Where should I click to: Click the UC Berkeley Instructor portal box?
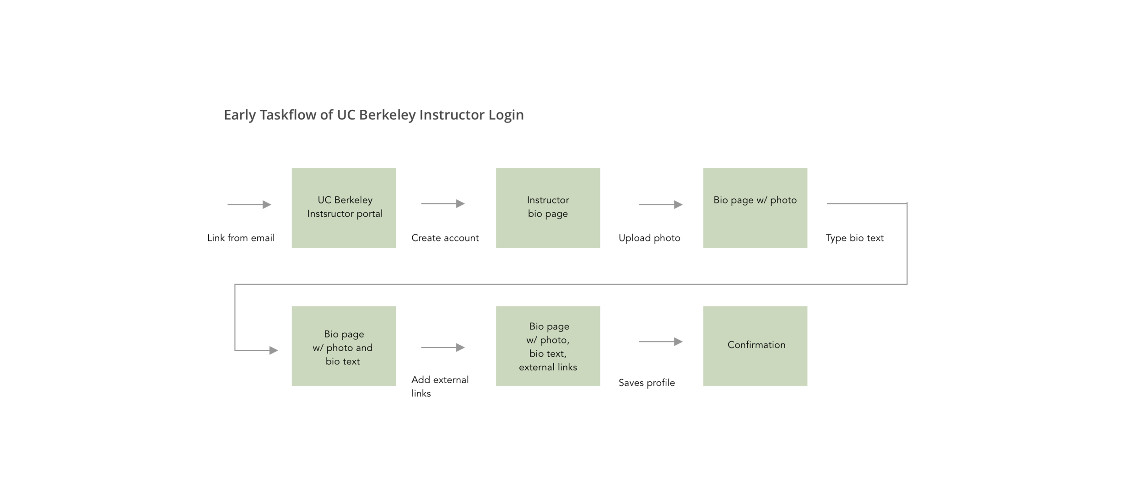(344, 208)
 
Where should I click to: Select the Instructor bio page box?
(548, 208)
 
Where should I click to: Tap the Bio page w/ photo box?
(755, 208)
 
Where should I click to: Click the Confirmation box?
(755, 346)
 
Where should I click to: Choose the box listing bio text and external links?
(548, 346)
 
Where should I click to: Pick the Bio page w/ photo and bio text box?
(344, 346)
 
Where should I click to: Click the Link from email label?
(241, 238)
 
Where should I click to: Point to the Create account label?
(445, 238)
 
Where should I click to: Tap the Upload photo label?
(649, 238)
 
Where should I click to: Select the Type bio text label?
(854, 238)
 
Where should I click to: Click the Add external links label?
(440, 386)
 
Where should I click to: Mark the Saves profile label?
(647, 383)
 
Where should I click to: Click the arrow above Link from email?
(249, 204)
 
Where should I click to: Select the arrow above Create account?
(443, 203)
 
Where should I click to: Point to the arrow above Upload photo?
(661, 204)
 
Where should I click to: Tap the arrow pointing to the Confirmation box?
(661, 342)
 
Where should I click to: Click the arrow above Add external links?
(443, 348)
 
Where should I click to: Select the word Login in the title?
(506, 115)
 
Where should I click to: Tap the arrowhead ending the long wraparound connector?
(274, 350)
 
